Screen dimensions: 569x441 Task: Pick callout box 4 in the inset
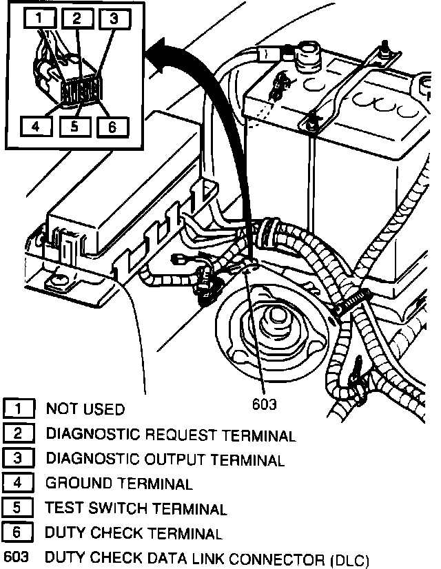click(35, 126)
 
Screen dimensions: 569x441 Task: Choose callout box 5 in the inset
click(74, 126)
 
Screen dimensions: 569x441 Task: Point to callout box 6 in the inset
click(112, 126)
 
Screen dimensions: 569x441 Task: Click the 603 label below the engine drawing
click(264, 404)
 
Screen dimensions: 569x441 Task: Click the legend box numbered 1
click(19, 409)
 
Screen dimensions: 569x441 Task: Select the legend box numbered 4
click(19, 484)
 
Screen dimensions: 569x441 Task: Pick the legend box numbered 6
click(19, 532)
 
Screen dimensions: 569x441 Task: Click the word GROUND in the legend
click(76, 484)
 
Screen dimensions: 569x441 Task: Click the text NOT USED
click(85, 409)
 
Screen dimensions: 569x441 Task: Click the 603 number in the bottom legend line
click(15, 557)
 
